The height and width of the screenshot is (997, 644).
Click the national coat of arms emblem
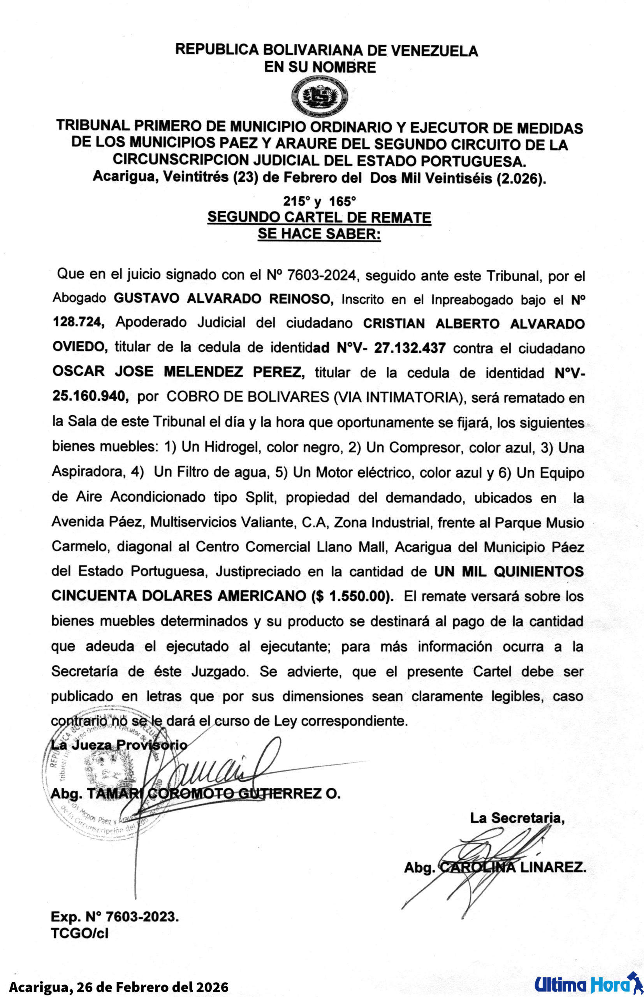[320, 97]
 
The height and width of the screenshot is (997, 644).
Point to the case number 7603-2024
[322, 275]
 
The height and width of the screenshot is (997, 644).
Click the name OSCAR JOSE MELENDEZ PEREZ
[179, 372]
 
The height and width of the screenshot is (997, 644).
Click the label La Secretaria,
[517, 818]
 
